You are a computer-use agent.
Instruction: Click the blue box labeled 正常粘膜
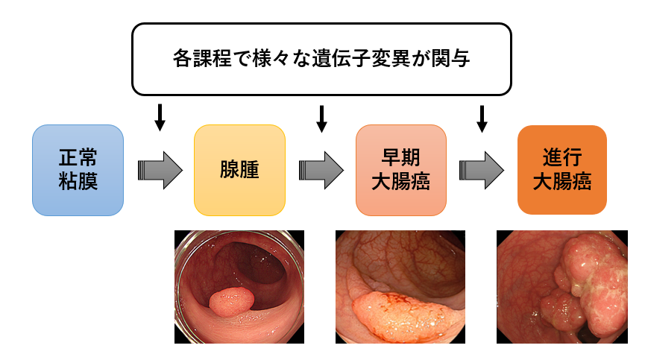78,170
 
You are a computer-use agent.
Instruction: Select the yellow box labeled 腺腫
239,170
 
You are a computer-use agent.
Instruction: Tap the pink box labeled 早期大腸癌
400,170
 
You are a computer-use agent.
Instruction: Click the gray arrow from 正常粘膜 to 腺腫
160,170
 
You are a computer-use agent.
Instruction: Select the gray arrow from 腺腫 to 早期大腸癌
321,170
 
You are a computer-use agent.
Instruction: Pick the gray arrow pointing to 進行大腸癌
482,170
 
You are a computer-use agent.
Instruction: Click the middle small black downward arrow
322,118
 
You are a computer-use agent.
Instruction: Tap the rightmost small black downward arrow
482,118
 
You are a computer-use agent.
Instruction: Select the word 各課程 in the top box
196,58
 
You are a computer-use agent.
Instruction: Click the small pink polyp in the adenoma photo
231,302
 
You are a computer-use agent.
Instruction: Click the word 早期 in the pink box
400,157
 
